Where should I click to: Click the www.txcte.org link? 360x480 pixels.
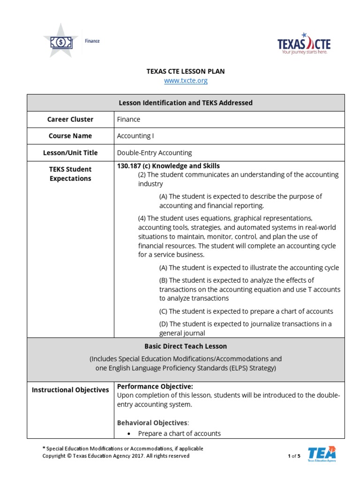point(186,81)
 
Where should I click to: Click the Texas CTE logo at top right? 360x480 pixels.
point(304,44)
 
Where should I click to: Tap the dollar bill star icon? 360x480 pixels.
point(61,41)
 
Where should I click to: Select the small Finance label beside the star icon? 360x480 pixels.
point(92,41)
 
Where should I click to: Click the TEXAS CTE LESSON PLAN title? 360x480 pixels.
point(186,71)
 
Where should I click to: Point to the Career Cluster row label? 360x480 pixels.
point(70,119)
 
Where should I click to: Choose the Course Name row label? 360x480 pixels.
point(70,136)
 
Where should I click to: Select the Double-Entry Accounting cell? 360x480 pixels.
point(154,153)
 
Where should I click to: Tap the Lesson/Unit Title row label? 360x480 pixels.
point(70,153)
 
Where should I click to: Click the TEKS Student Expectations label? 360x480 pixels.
point(70,174)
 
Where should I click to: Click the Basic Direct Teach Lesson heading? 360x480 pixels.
point(186,346)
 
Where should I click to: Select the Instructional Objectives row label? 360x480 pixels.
point(70,390)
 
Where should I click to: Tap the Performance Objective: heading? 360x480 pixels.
point(155,387)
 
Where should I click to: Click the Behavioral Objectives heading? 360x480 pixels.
point(152,423)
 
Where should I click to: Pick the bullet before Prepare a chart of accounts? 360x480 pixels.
point(127,434)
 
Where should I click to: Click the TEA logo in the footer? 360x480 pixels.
point(322,454)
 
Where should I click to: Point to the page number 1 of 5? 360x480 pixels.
point(294,456)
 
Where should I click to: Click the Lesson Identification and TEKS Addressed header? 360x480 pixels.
point(186,103)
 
